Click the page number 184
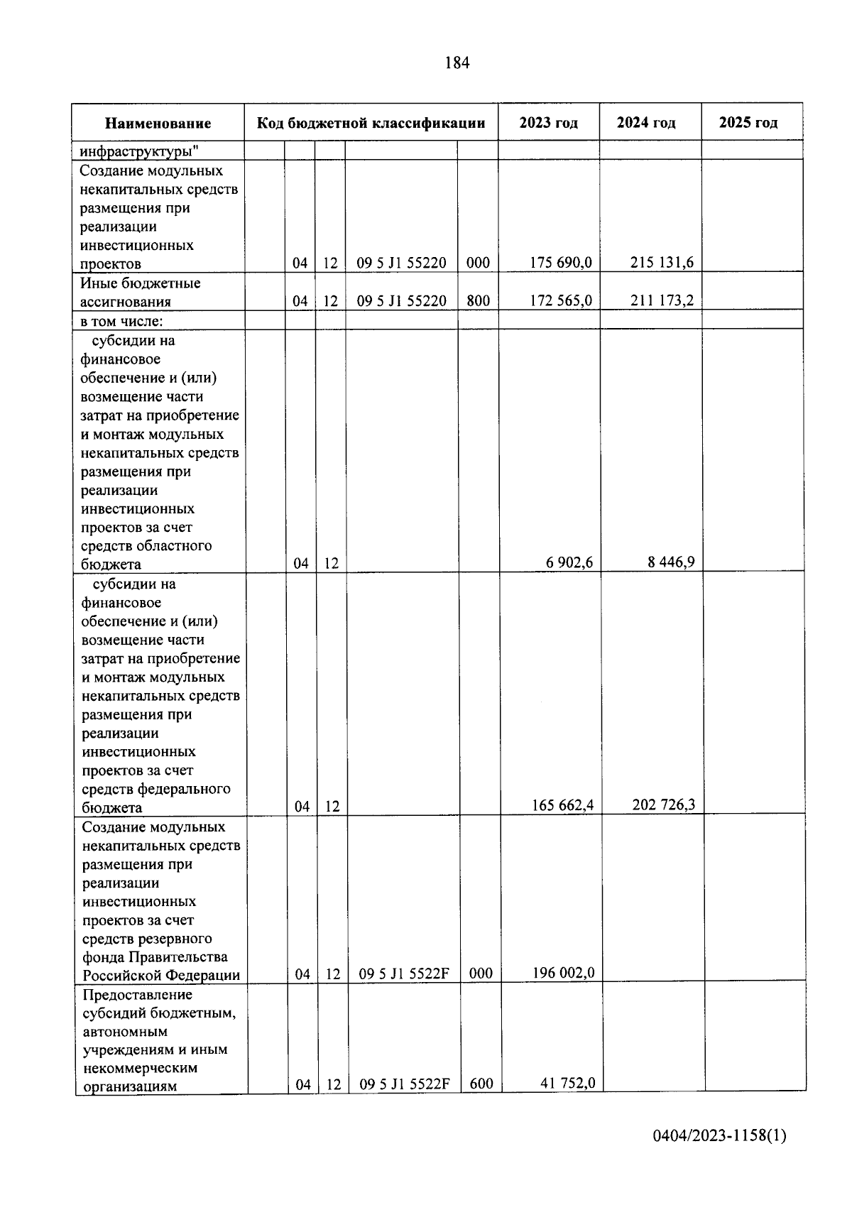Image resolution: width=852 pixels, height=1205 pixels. click(x=457, y=63)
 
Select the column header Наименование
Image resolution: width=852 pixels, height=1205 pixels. click(x=158, y=124)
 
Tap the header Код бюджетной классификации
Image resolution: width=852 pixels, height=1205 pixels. click(x=371, y=123)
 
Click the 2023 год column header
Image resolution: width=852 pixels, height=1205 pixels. click(x=548, y=123)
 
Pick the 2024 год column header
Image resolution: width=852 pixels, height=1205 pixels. click(x=646, y=123)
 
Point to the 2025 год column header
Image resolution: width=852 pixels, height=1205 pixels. click(x=748, y=123)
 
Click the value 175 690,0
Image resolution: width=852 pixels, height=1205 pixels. click(x=561, y=263)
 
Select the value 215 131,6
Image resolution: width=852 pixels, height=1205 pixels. click(x=662, y=263)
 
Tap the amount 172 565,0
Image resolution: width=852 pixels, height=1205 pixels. click(x=561, y=300)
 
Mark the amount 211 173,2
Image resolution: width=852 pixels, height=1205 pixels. click(x=662, y=300)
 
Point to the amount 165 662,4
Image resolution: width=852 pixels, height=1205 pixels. click(x=562, y=805)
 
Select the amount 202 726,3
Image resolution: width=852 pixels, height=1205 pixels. click(x=663, y=805)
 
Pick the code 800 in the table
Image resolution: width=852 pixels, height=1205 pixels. click(x=479, y=300)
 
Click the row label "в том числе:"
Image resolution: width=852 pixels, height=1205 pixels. click(x=121, y=321)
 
